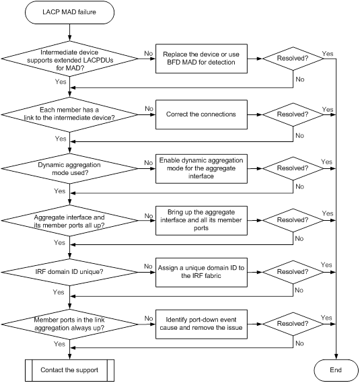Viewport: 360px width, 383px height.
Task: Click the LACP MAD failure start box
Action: [x=69, y=12]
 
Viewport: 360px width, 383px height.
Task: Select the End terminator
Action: [x=336, y=370]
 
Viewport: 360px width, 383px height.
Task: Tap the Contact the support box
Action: [x=69, y=370]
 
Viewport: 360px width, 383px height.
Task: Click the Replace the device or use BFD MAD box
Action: [x=201, y=59]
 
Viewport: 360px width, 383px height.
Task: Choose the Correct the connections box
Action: [x=201, y=114]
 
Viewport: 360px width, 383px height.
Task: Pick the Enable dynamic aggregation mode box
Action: [x=201, y=168]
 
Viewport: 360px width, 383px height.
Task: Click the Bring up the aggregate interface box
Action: [x=201, y=220]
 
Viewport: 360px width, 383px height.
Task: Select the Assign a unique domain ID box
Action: [x=201, y=273]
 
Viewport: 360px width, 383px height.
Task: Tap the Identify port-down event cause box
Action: [x=201, y=324]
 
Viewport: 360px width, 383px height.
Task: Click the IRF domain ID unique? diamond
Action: [x=69, y=272]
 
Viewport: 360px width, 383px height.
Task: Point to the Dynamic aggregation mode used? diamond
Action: [x=69, y=168]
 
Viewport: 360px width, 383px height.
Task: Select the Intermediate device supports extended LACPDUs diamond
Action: [x=69, y=59]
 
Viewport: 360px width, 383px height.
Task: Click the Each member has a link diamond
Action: [x=69, y=114]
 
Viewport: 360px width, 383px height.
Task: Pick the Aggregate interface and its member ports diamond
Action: [x=69, y=220]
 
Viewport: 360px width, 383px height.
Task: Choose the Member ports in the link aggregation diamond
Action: [x=69, y=324]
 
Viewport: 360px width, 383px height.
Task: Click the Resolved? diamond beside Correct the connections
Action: [x=293, y=114]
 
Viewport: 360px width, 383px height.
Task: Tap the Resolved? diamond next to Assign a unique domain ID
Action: [x=293, y=272]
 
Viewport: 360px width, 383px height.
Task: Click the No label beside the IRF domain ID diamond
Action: [x=148, y=266]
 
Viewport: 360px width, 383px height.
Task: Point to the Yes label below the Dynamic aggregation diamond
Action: [x=60, y=190]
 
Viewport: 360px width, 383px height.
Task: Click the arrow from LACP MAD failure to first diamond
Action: [x=69, y=32]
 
